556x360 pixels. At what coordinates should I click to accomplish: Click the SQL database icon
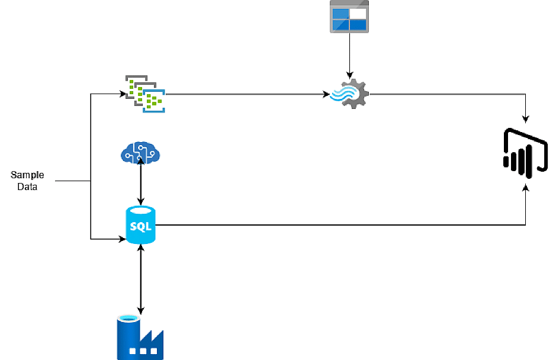[x=140, y=225]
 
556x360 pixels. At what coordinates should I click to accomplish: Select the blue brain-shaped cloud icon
[x=140, y=153]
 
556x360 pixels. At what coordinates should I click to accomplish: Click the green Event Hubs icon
[x=146, y=93]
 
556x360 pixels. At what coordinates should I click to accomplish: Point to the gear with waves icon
[x=349, y=94]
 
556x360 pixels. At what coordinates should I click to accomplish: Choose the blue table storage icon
[x=349, y=17]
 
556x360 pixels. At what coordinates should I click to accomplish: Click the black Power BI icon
[x=525, y=153]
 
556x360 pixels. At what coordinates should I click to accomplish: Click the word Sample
[x=27, y=175]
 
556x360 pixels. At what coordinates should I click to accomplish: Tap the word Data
[x=27, y=187]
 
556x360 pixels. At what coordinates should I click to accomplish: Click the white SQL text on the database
[x=140, y=227]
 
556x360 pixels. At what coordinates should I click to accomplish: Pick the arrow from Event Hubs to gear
[x=246, y=94]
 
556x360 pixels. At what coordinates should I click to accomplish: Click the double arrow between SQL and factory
[x=140, y=278]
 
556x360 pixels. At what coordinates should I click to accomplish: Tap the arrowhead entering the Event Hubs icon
[x=123, y=94]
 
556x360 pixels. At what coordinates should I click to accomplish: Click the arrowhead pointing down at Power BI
[x=525, y=120]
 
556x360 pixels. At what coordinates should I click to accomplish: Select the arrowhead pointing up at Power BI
[x=525, y=187]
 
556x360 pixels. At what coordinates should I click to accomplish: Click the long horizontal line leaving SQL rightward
[x=338, y=225]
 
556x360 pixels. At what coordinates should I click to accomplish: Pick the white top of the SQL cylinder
[x=140, y=211]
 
